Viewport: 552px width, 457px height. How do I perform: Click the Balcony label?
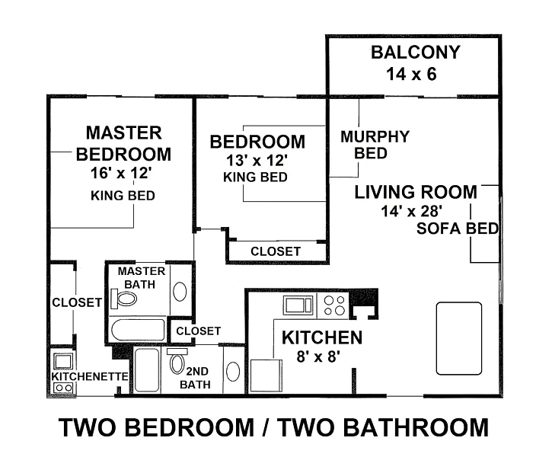[416, 53]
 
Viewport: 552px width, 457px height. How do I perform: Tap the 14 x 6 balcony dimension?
[411, 75]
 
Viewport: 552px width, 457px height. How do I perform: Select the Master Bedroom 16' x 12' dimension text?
[121, 173]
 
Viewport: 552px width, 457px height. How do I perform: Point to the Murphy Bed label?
[375, 145]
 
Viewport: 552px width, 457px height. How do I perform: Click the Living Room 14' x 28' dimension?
[412, 211]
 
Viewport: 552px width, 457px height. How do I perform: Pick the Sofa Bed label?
[458, 228]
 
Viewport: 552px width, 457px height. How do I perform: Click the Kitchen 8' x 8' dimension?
[318, 356]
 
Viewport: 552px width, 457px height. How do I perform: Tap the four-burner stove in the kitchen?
[334, 305]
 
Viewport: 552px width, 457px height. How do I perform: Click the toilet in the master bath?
[123, 299]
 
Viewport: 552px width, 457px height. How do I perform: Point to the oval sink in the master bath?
[180, 292]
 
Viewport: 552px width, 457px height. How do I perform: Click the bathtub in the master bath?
[138, 330]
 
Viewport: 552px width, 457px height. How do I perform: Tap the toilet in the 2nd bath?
[177, 361]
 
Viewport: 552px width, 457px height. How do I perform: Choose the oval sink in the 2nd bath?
[233, 372]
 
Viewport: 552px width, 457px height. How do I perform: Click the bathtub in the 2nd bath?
[147, 369]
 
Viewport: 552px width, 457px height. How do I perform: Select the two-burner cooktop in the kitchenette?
[64, 388]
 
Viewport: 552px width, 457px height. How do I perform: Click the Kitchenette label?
[90, 376]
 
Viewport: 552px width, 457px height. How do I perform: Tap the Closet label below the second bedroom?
[276, 251]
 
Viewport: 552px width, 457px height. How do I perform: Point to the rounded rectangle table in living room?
[459, 338]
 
